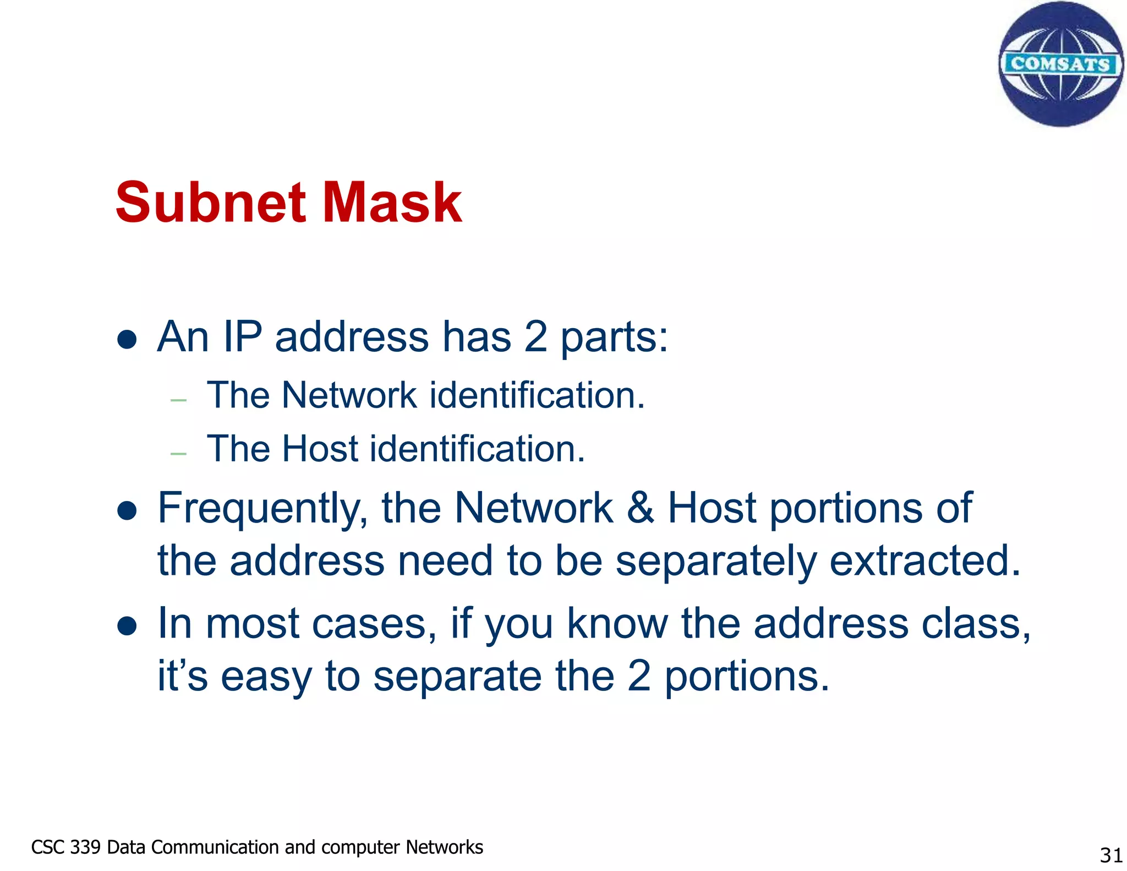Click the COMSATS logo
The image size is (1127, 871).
point(1060,64)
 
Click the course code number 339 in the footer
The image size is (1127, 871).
point(85,847)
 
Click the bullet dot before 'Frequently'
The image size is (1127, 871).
point(127,510)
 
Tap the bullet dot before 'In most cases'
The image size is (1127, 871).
point(127,626)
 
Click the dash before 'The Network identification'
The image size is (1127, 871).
point(179,400)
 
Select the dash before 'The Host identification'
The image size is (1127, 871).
point(179,454)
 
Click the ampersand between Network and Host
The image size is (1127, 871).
point(640,508)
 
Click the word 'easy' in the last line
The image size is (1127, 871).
point(266,677)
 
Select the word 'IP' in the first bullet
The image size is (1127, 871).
point(242,336)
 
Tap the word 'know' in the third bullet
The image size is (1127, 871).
point(617,624)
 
